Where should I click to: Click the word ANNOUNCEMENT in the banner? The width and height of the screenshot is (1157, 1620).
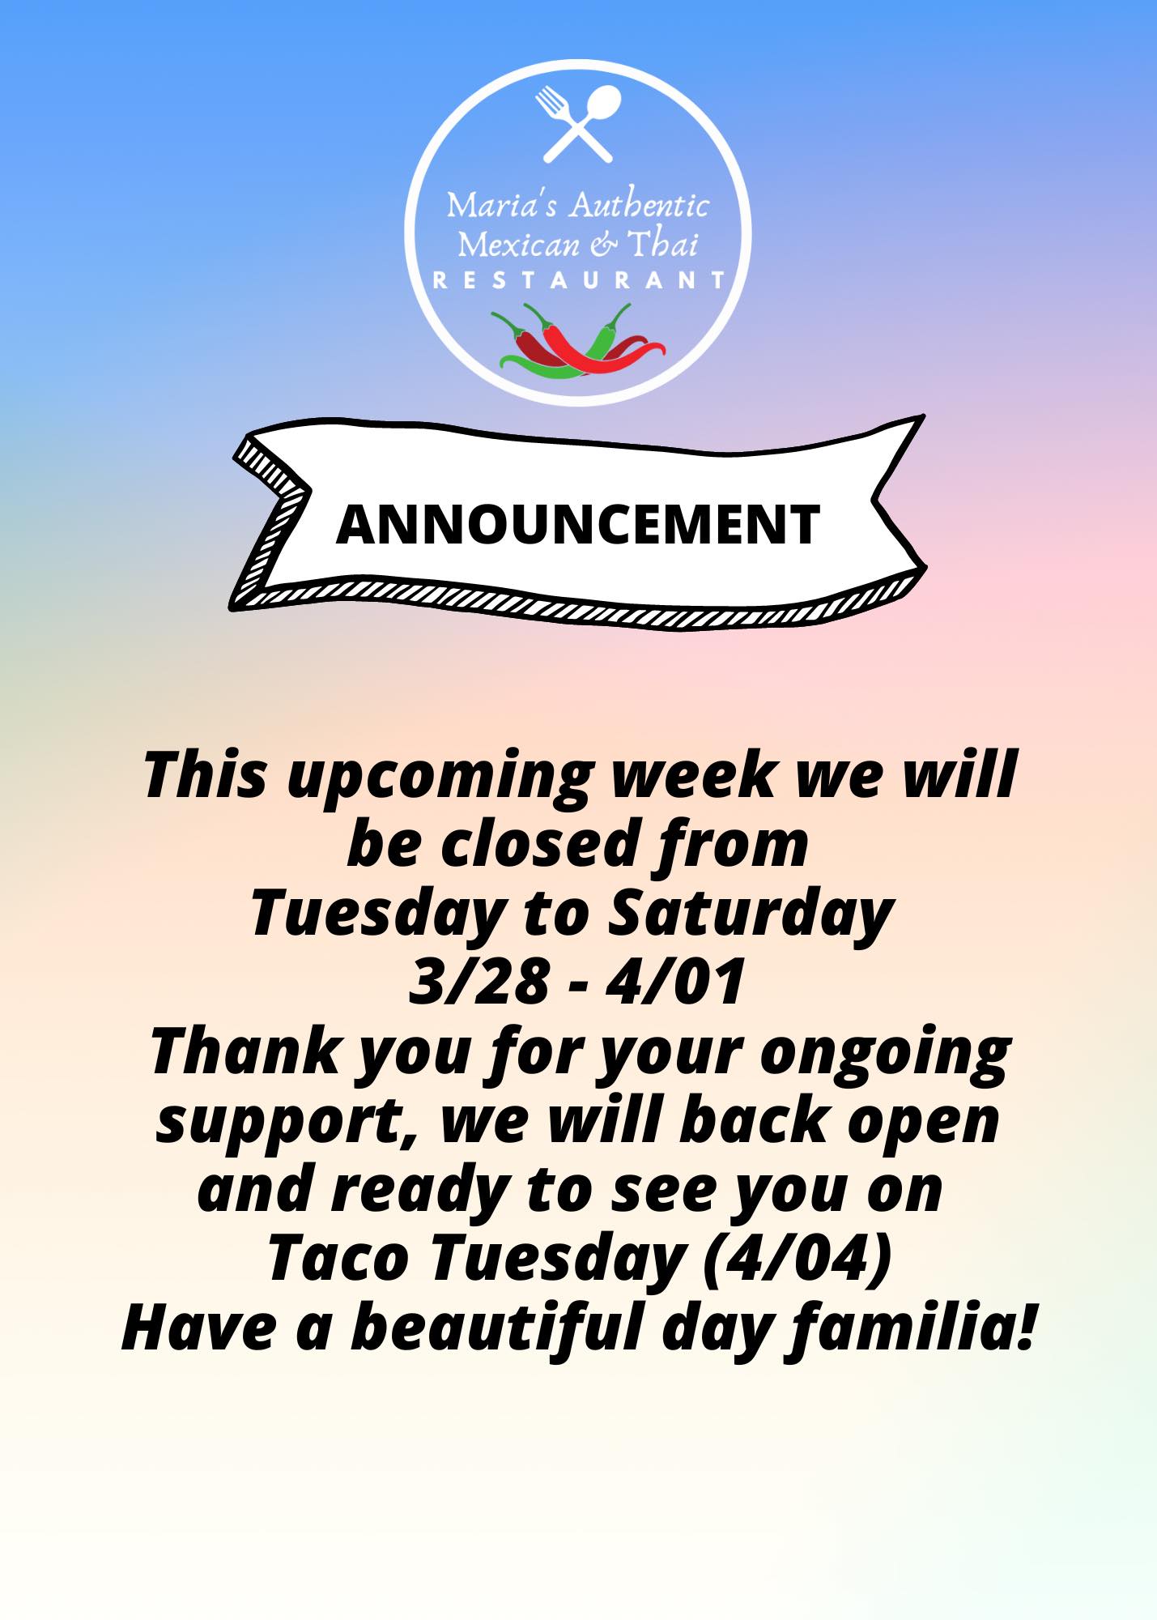(x=578, y=524)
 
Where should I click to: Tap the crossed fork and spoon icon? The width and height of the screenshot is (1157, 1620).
(x=578, y=123)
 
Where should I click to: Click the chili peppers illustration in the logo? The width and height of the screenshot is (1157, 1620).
(x=577, y=341)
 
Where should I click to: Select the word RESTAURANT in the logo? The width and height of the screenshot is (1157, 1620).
(x=579, y=280)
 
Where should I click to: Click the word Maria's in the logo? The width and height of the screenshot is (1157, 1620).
(x=502, y=205)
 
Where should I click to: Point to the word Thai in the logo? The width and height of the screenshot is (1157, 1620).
(x=663, y=243)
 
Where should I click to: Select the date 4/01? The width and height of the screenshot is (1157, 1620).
(x=675, y=982)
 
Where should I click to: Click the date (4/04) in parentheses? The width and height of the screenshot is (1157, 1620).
(x=798, y=1258)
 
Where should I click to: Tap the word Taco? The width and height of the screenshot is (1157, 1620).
(x=338, y=1259)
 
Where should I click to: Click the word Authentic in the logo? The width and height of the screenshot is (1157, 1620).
(x=638, y=204)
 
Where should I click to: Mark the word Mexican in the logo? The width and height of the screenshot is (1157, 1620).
(x=519, y=244)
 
